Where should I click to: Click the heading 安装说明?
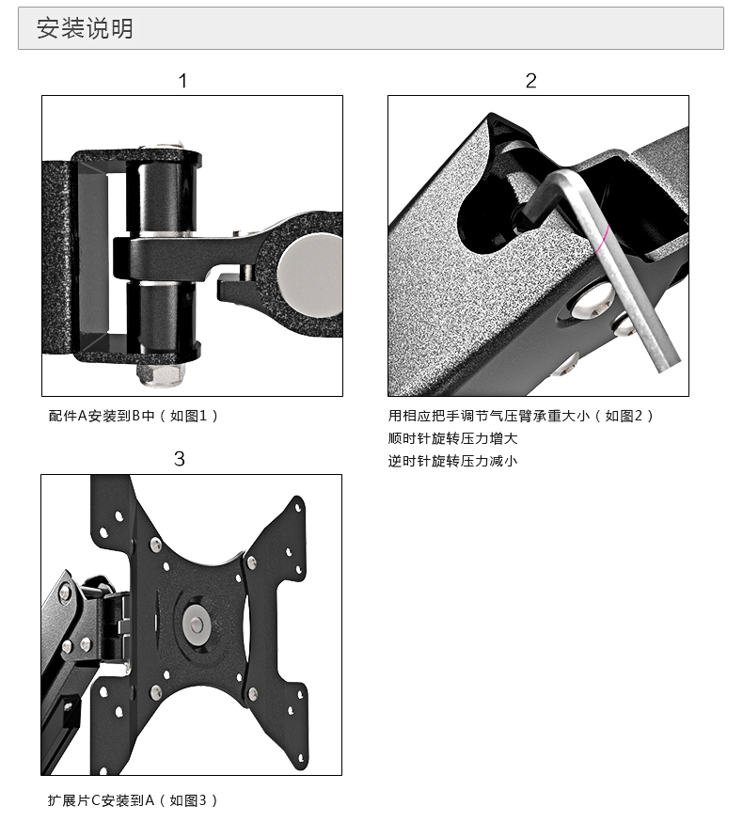[x=85, y=29]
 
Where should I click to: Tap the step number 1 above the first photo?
[x=182, y=81]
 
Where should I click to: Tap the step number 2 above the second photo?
[x=530, y=81]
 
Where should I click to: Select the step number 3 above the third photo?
[x=180, y=459]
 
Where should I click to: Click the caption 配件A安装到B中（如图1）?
[x=134, y=416]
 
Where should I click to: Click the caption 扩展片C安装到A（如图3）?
[x=133, y=800]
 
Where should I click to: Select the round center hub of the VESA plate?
[x=196, y=622]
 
